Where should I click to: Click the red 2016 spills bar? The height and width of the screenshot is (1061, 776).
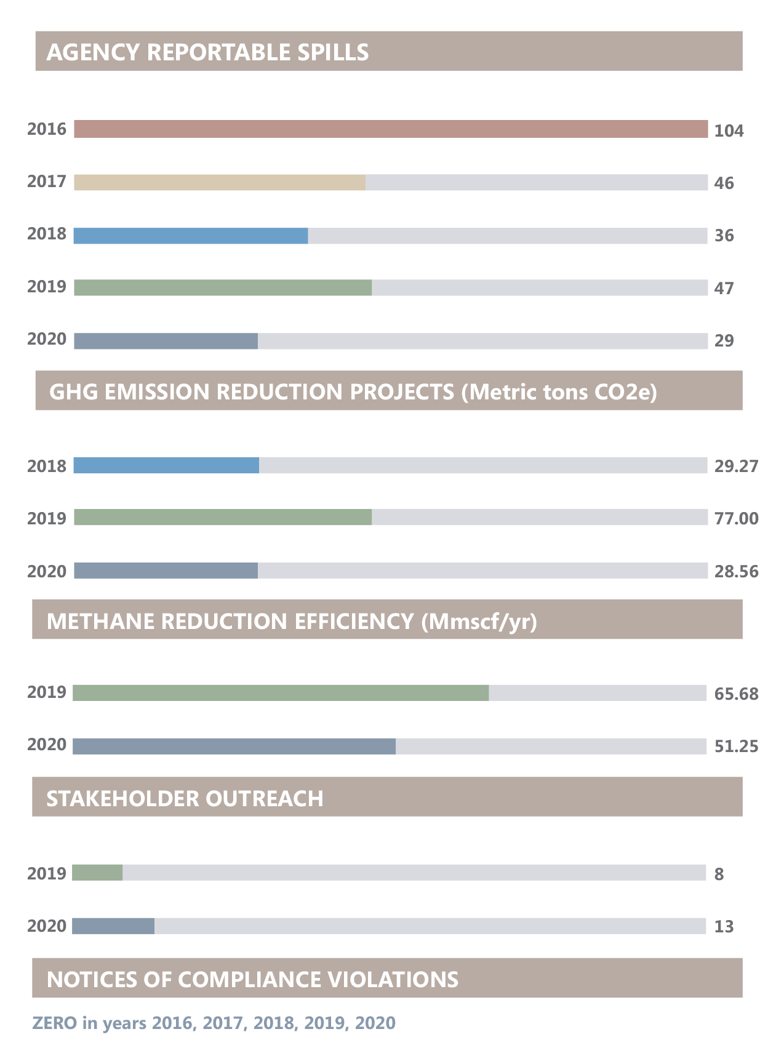click(391, 129)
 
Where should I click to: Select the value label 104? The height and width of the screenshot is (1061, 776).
click(729, 131)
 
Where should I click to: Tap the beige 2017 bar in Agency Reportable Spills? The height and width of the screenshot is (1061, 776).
click(220, 183)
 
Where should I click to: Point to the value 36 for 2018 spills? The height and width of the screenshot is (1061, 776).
click(724, 236)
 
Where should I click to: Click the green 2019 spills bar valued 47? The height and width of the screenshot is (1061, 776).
click(223, 288)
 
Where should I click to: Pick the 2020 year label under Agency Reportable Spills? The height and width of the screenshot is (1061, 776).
click(47, 340)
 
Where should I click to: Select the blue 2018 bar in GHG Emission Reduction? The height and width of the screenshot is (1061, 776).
click(166, 466)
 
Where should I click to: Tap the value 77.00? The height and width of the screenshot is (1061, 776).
click(736, 519)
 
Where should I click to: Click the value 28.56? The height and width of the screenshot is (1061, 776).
click(736, 572)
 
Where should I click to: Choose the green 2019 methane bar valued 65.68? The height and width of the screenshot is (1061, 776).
click(281, 693)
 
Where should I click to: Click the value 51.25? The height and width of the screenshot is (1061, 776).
click(736, 747)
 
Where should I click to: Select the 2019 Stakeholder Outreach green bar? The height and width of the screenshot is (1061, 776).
click(97, 873)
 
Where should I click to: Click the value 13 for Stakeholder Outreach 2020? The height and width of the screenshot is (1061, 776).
click(724, 927)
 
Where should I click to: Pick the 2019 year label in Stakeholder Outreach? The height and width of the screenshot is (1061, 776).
click(47, 873)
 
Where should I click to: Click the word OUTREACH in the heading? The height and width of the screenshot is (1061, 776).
click(264, 799)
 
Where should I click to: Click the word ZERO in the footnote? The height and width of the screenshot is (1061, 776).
click(55, 1023)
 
